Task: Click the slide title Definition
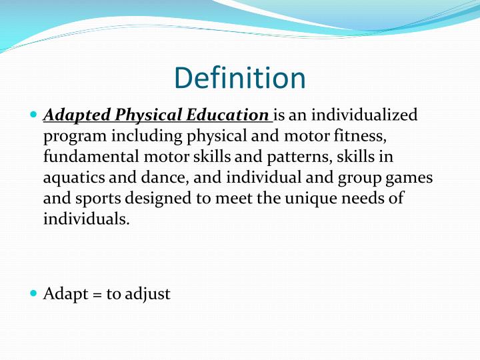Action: pyautogui.click(x=240, y=79)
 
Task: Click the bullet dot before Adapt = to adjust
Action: pyautogui.click(x=34, y=293)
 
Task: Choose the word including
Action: pyautogui.click(x=141, y=137)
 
